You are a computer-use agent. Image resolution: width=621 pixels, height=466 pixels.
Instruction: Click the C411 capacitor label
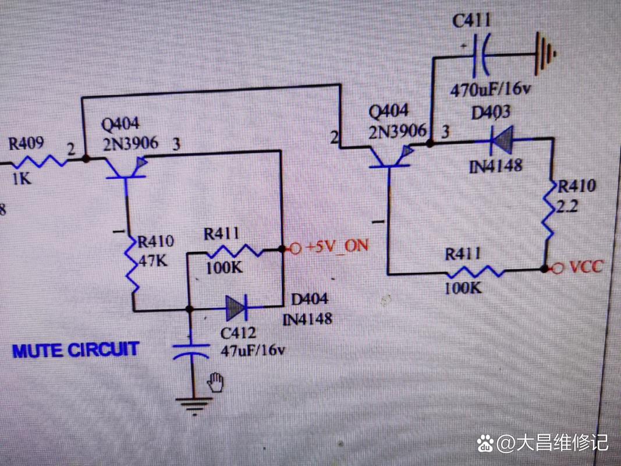pyautogui.click(x=472, y=21)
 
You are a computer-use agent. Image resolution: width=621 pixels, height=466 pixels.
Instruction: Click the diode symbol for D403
pyautogui.click(x=499, y=139)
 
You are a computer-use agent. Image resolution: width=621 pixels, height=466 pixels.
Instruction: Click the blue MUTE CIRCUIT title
pyautogui.click(x=76, y=351)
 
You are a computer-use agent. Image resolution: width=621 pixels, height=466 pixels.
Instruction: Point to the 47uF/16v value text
pyautogui.click(x=253, y=351)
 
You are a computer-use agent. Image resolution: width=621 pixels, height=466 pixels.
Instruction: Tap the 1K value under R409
pyautogui.click(x=22, y=179)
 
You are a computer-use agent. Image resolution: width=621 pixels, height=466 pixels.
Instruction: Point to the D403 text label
pyautogui.click(x=491, y=112)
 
